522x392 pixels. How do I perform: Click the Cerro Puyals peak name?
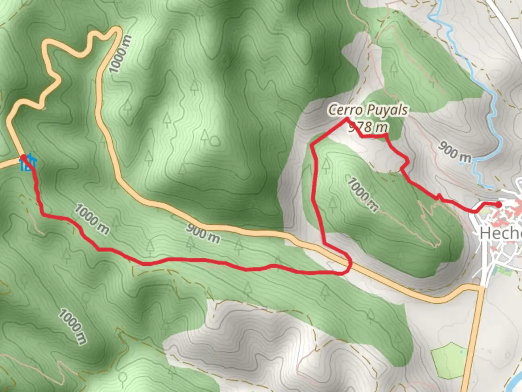pyautogui.click(x=368, y=110)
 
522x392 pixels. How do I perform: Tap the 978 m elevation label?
pyautogui.click(x=368, y=127)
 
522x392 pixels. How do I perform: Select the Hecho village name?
pyautogui.click(x=500, y=233)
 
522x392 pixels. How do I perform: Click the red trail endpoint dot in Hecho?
pyautogui.click(x=498, y=204)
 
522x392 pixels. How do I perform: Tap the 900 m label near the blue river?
pyautogui.click(x=455, y=151)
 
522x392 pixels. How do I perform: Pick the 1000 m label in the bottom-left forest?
pyautogui.click(x=73, y=326)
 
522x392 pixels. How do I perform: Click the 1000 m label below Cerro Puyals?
pyautogui.click(x=363, y=194)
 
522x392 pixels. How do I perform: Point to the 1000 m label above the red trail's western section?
pyautogui.click(x=92, y=219)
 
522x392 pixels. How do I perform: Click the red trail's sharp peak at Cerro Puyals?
pyautogui.click(x=347, y=118)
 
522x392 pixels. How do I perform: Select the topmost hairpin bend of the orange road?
pyautogui.click(x=116, y=30)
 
